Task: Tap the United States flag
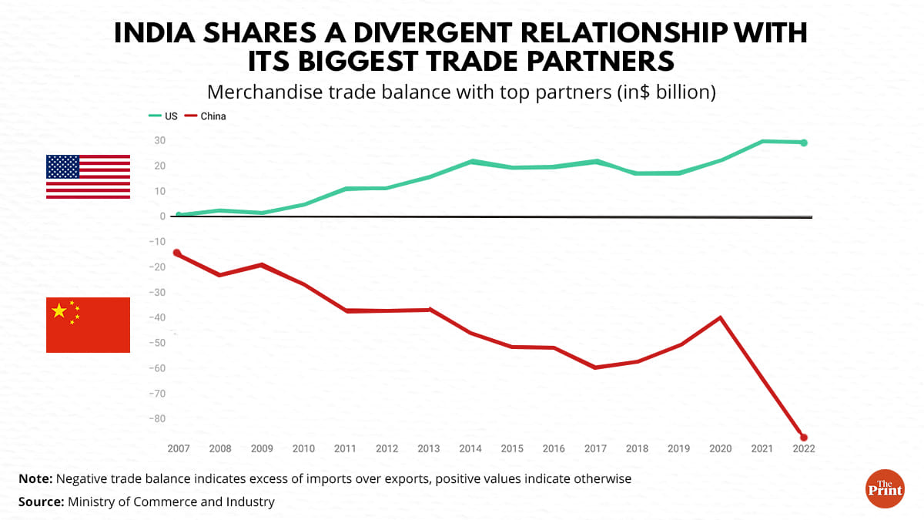tap(88, 176)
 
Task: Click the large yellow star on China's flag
tap(59, 310)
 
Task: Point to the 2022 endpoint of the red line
tap(804, 438)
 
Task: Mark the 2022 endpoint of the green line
tap(804, 143)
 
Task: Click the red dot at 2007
tap(177, 253)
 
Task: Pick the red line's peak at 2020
tap(720, 317)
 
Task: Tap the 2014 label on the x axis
tap(469, 448)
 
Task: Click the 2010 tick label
tap(303, 448)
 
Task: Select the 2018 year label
tap(636, 448)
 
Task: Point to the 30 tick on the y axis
tap(160, 140)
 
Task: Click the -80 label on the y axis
tap(158, 419)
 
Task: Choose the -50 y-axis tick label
tap(158, 343)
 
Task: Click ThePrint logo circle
tap(885, 488)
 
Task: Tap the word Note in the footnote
tap(35, 478)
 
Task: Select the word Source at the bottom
tap(40, 502)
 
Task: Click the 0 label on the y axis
tap(163, 216)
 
